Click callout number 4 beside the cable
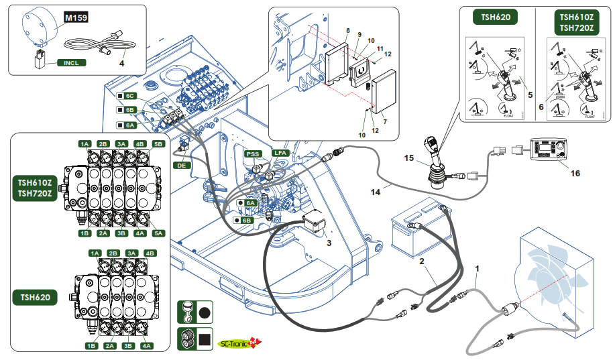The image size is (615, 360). pyautogui.click(x=123, y=64)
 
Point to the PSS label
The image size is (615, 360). pyautogui.click(x=253, y=154)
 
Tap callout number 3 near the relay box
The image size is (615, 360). pyautogui.click(x=329, y=244)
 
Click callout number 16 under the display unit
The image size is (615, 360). pyautogui.click(x=575, y=172)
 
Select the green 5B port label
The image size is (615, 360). pyautogui.click(x=158, y=144)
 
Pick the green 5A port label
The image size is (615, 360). pyautogui.click(x=158, y=233)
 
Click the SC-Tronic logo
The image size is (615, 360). pyautogui.click(x=241, y=343)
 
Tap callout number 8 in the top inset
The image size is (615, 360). pyautogui.click(x=348, y=31)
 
